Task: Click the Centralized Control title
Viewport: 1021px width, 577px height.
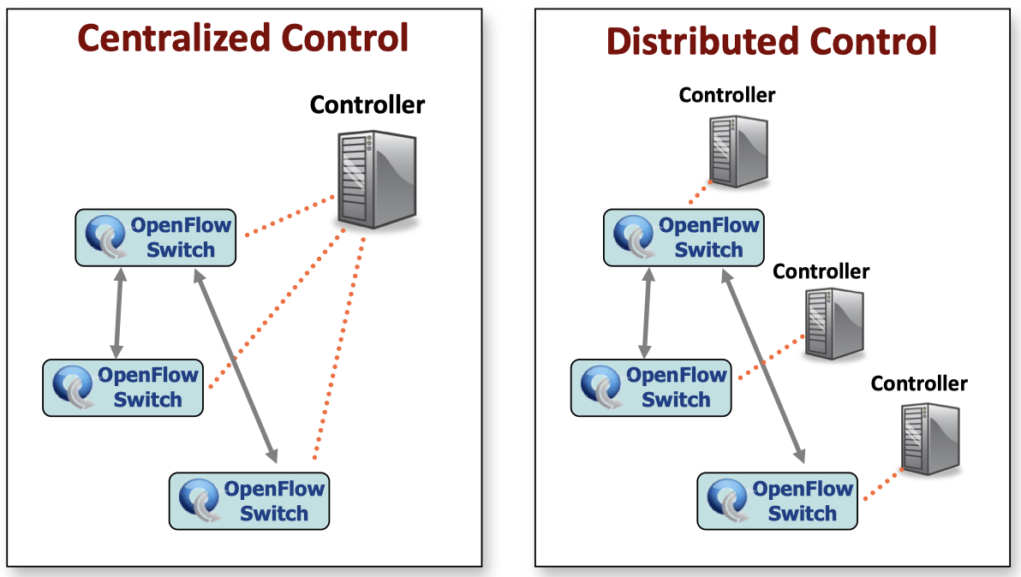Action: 242,39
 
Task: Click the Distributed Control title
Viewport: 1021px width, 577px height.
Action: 771,41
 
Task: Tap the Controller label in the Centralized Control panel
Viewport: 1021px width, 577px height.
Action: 367,105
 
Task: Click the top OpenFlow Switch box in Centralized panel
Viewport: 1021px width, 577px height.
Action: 156,237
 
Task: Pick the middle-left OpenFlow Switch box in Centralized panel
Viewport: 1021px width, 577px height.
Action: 123,387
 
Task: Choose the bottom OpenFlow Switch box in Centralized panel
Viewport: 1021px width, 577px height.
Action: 249,501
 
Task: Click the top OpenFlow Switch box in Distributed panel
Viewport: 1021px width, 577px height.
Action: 684,237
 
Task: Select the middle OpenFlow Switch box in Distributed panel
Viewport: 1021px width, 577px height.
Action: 651,387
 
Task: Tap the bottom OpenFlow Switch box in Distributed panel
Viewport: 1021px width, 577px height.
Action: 777,501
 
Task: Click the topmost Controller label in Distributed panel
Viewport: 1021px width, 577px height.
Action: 726,95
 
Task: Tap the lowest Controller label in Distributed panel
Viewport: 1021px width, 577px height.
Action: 919,384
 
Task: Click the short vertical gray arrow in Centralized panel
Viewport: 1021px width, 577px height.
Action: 118,312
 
